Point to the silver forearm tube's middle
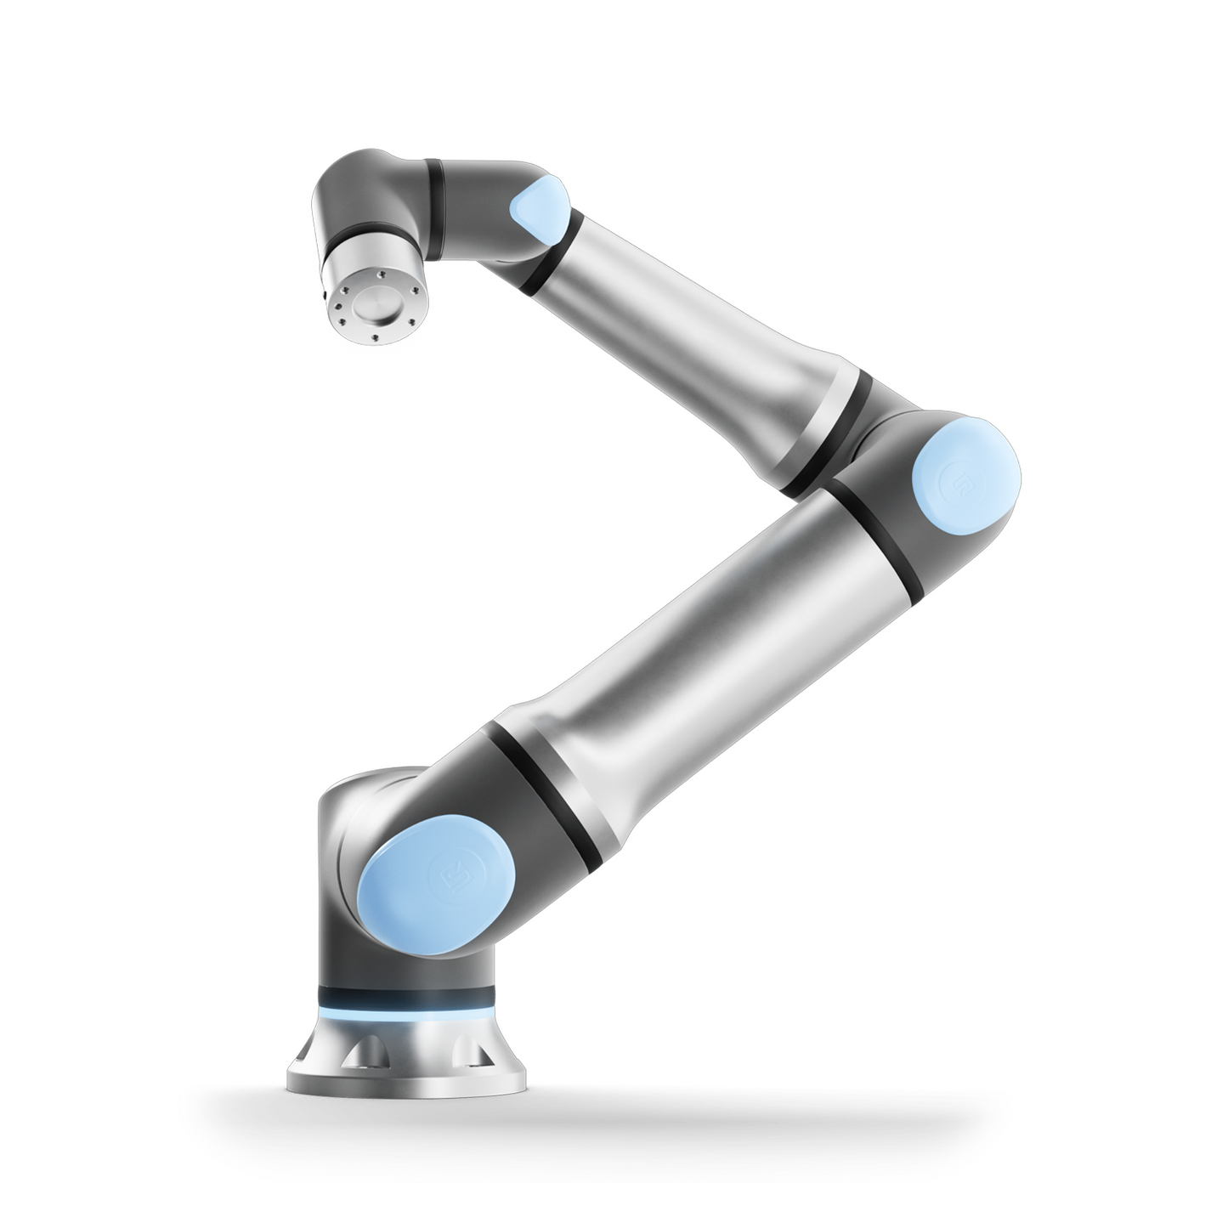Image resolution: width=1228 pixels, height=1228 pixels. (x=697, y=331)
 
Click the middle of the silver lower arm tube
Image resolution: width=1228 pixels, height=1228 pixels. (x=705, y=646)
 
